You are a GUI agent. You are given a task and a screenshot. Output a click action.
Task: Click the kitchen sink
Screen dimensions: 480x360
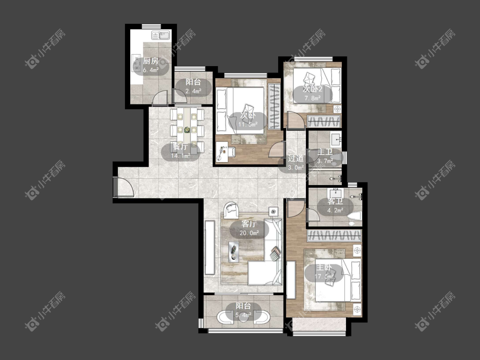(161, 36)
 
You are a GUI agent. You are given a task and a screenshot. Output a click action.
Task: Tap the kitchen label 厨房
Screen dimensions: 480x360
(151, 61)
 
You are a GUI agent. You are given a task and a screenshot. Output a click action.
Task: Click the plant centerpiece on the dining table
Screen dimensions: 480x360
(187, 130)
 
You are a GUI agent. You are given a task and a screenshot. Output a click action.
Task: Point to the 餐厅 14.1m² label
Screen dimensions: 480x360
(180, 151)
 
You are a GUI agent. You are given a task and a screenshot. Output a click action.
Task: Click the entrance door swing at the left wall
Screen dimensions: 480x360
(124, 187)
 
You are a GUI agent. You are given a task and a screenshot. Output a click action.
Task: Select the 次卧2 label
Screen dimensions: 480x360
(313, 89)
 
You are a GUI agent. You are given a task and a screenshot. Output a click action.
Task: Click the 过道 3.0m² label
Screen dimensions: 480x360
(296, 163)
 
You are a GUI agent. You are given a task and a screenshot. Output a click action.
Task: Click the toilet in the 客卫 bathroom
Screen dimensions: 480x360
(354, 216)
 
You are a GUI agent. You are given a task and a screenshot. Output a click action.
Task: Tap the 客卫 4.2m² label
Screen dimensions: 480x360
(335, 206)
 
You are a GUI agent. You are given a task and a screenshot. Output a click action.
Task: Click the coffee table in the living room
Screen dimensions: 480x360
(234, 251)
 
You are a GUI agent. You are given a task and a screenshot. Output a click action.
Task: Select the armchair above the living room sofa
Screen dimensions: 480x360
(231, 210)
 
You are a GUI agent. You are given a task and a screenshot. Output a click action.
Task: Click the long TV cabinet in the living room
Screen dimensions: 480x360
(210, 247)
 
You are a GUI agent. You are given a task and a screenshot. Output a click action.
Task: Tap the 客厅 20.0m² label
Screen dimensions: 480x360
(249, 228)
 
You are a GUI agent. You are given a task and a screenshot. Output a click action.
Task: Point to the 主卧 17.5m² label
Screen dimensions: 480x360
(324, 272)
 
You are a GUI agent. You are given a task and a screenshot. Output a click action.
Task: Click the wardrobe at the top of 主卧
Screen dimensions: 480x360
(335, 235)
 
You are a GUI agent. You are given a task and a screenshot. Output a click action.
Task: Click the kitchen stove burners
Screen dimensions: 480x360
(136, 63)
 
